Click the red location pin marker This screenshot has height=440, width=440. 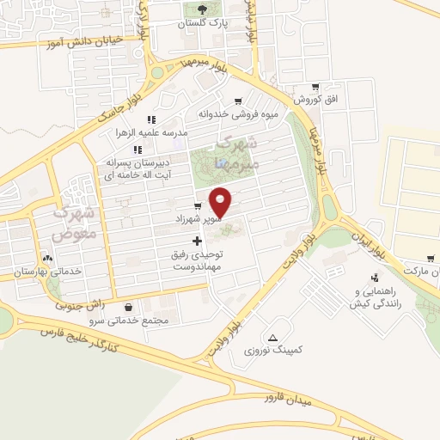pyautogui.click(x=222, y=201)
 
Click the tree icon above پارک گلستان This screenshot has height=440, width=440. pyautogui.click(x=203, y=10)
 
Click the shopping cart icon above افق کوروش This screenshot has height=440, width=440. pyautogui.click(x=315, y=87)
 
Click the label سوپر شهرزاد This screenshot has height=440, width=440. pyautogui.click(x=200, y=219)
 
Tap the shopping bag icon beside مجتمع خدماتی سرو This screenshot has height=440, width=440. pyautogui.click(x=128, y=307)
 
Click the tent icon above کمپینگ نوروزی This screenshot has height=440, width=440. pyautogui.click(x=273, y=337)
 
